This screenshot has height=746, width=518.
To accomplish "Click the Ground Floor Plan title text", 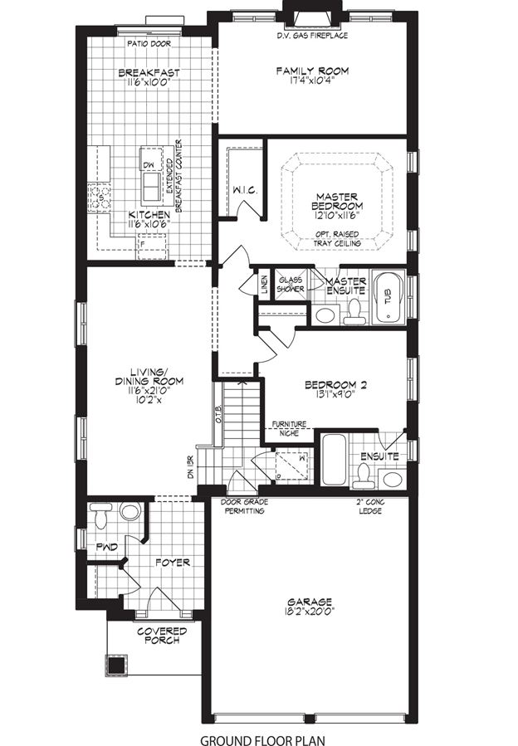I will [261, 738].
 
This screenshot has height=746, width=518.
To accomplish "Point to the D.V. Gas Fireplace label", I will [312, 37].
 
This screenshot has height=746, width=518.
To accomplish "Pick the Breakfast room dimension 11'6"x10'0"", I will [149, 83].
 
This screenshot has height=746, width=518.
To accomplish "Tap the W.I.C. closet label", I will [245, 191].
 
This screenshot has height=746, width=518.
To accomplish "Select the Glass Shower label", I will [291, 285].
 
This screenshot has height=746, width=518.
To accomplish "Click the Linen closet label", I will [265, 285].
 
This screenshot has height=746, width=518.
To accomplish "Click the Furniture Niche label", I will [290, 428].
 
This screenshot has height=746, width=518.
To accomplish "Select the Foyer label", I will [172, 563].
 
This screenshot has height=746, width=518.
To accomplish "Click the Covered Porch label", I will [162, 636].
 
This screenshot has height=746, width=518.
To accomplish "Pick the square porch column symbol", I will [116, 665].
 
